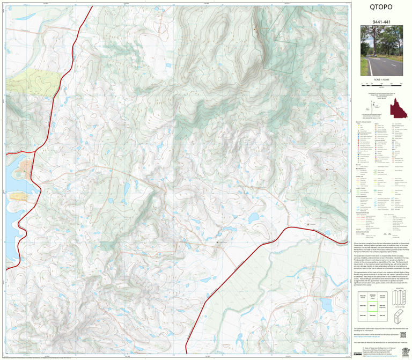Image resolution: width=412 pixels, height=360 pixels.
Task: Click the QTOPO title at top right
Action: click(381, 7)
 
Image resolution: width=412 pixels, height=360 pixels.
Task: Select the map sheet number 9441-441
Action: click(381, 22)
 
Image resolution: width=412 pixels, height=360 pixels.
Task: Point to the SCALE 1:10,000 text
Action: click(381, 79)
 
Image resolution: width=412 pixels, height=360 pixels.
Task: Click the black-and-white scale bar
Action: click(381, 85)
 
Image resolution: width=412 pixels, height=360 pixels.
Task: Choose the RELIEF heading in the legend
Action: click(357, 165)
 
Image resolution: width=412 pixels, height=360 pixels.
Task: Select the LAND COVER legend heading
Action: click(358, 188)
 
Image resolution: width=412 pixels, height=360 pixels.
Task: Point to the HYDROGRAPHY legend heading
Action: click(360, 196)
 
